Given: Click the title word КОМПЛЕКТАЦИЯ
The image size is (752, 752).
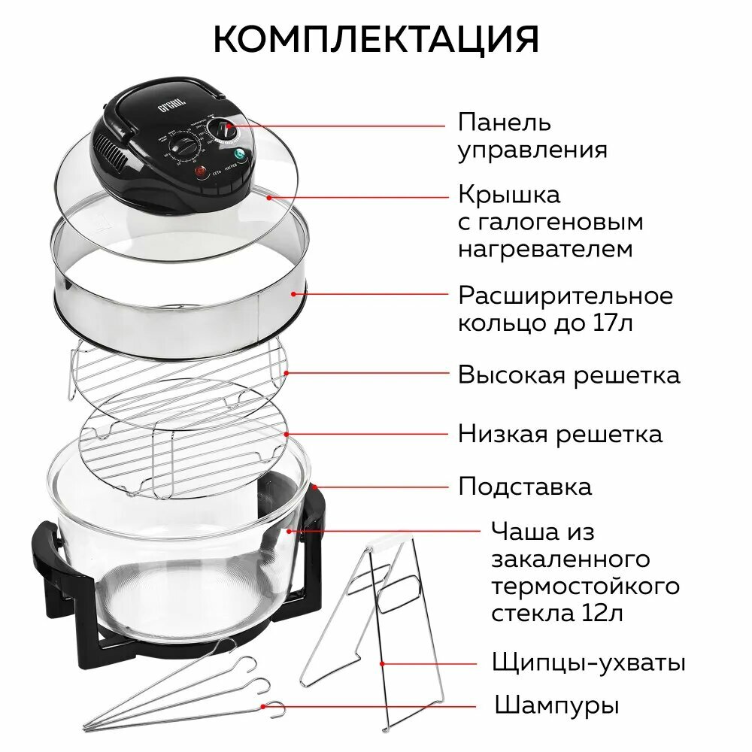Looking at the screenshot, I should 376,39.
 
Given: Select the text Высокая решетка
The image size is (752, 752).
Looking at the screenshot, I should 569,374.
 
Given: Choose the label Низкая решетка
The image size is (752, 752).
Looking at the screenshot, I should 560,434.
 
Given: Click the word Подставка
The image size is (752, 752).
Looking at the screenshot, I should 525,487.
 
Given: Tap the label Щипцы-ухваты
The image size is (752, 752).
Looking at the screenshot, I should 588,663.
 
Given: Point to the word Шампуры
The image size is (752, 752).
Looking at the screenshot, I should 557,706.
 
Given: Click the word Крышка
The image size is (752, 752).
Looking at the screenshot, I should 509,195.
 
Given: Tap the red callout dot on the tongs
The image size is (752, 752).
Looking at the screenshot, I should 383,664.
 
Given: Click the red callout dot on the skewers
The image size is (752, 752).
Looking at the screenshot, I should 263,706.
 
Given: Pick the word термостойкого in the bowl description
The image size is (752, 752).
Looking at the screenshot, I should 585,586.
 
